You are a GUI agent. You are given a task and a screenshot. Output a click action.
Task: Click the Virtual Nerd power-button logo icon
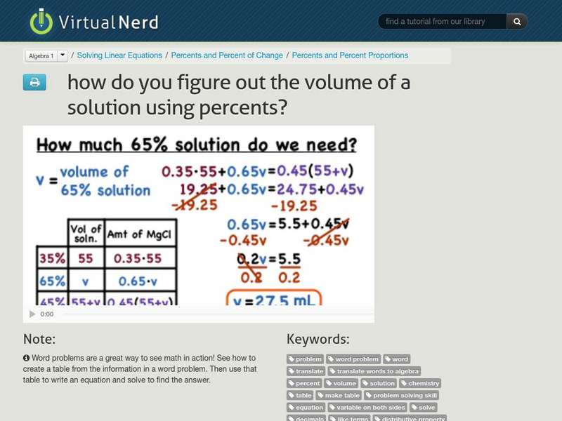pyautogui.click(x=41, y=21)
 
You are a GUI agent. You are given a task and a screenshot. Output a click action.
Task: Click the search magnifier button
pyautogui.click(x=517, y=22)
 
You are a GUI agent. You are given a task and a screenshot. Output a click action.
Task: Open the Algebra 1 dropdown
pyautogui.click(x=46, y=55)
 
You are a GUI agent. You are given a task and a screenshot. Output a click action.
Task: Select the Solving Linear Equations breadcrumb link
pyautogui.click(x=119, y=55)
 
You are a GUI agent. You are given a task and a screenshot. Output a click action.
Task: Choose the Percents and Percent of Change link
pyautogui.click(x=227, y=55)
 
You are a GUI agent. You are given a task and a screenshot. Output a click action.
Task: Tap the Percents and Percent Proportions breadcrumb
pyautogui.click(x=350, y=55)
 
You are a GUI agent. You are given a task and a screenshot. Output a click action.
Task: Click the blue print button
pyautogui.click(x=34, y=82)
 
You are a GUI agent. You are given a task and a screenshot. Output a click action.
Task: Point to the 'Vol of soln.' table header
pyautogui.click(x=85, y=233)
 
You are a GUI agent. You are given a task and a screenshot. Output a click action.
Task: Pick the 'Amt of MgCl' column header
pyautogui.click(x=138, y=234)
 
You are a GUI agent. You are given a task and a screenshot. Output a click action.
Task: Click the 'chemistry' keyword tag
pyautogui.click(x=419, y=383)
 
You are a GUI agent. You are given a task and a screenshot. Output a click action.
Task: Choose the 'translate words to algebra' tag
pyautogui.click(x=374, y=371)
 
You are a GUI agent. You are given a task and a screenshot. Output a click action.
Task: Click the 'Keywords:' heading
pyautogui.click(x=318, y=340)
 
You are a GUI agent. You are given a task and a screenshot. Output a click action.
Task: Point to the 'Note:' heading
pyautogui.click(x=39, y=340)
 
